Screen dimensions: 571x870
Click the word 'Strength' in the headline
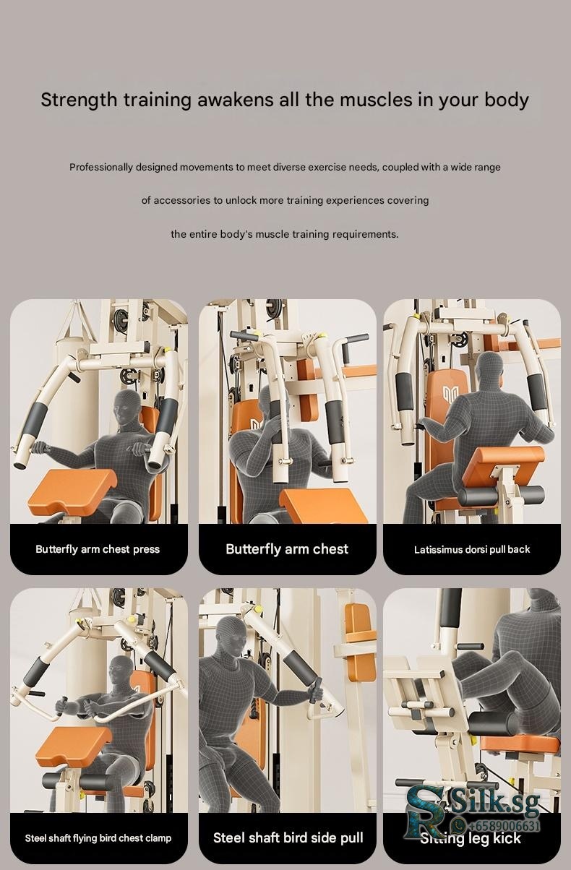(x=79, y=100)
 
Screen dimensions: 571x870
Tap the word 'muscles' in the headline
(x=376, y=100)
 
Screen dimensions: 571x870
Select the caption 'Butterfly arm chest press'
(x=98, y=549)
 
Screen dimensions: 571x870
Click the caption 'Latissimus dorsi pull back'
(x=472, y=550)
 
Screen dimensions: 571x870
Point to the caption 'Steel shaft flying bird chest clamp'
(x=98, y=838)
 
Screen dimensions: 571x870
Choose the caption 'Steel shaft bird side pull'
(x=288, y=837)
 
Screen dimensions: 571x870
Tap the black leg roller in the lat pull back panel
(x=501, y=495)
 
